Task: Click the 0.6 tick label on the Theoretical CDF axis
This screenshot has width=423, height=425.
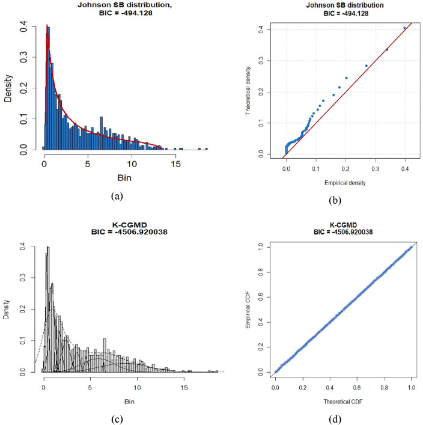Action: [x=371, y=389]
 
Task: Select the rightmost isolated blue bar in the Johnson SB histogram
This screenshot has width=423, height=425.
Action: [x=206, y=148]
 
